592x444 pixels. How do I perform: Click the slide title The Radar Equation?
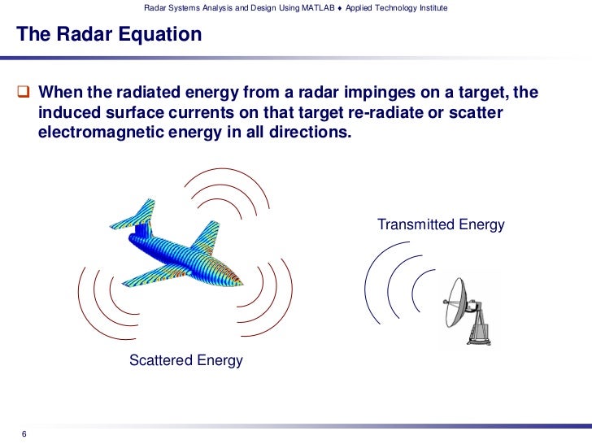tap(109, 35)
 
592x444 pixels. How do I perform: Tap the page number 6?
tap(24, 432)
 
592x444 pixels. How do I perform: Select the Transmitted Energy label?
tap(441, 224)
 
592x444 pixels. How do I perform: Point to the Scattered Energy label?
tap(186, 360)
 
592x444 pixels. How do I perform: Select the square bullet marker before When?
tap(24, 92)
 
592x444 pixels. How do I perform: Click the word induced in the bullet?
tap(68, 112)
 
